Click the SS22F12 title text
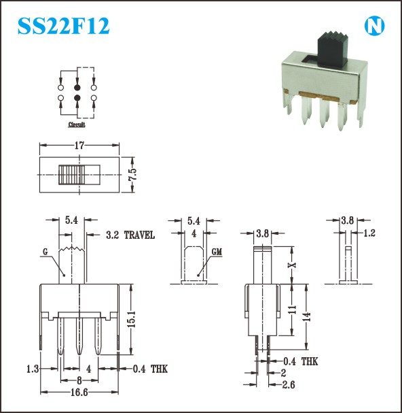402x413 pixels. tap(63, 26)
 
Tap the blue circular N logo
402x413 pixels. tap(374, 26)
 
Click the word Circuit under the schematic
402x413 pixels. tap(77, 125)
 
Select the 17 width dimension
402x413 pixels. tap(79, 146)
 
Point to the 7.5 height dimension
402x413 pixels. tap(132, 174)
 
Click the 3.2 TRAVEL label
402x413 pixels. tap(130, 235)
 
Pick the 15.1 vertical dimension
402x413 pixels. tap(131, 319)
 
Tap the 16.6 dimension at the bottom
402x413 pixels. tap(79, 393)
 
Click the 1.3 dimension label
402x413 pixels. tap(33, 369)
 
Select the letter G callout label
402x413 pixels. tap(45, 252)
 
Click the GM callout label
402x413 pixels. tap(217, 252)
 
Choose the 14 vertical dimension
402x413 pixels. tap(306, 317)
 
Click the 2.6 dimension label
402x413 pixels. tap(289, 385)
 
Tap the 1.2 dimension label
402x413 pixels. tap(369, 233)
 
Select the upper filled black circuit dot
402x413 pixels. tap(77, 88)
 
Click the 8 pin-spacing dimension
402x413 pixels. tap(79, 380)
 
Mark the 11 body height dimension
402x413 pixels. tap(292, 310)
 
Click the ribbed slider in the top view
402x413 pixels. tap(71, 175)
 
